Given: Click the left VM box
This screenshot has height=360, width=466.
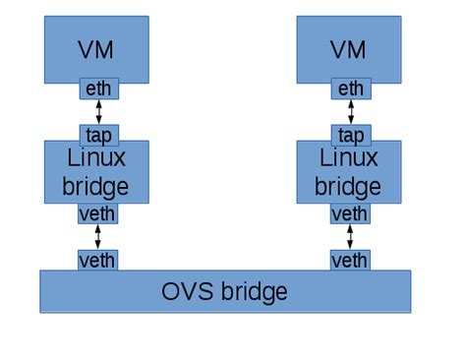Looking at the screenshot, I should tap(97, 47).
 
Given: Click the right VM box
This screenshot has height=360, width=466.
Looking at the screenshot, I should tap(349, 47).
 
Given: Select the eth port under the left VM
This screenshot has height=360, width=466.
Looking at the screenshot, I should tap(98, 90).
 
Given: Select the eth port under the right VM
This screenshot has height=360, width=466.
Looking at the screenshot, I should tap(350, 90).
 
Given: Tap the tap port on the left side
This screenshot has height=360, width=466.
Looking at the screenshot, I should tap(98, 135).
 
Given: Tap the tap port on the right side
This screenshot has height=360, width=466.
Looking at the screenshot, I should tap(350, 135).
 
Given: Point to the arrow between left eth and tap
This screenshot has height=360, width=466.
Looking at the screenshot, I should tap(98, 112).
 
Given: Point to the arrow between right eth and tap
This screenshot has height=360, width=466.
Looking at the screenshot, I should tap(350, 112).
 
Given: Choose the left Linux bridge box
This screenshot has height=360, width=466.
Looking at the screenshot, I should tap(97, 172).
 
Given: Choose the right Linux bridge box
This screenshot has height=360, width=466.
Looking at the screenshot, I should tap(349, 172).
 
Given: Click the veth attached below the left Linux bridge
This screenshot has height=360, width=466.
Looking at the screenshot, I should tap(97, 213).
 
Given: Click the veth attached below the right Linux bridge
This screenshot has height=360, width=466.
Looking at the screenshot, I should tap(349, 213).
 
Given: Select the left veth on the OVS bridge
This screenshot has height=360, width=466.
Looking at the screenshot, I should tap(97, 261).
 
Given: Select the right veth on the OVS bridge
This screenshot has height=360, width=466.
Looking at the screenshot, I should tap(349, 261).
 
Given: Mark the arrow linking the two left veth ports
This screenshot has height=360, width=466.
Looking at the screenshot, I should tap(97, 237).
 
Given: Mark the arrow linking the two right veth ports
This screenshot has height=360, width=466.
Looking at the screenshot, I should tap(349, 237).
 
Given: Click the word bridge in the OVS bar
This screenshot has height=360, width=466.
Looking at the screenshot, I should tap(252, 292).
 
